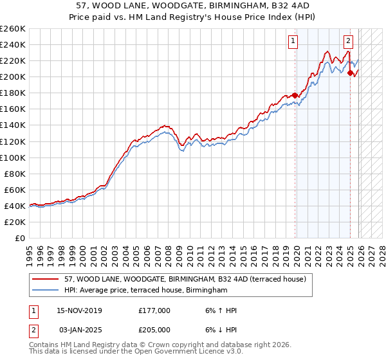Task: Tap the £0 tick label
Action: point(19,238)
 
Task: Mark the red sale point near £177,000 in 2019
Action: point(295,95)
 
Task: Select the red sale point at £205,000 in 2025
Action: point(350,73)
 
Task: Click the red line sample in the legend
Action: point(46,279)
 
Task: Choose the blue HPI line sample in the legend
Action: point(46,291)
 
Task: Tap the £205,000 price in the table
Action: point(154,328)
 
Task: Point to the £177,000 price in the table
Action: point(154,310)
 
